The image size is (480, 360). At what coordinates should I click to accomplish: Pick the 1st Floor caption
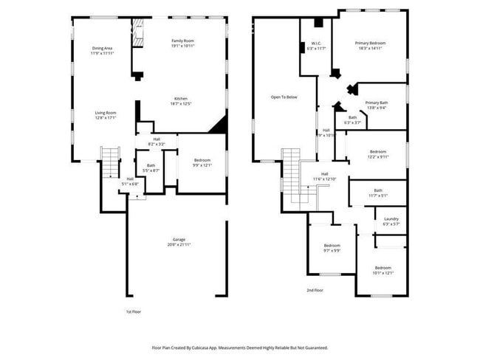(134, 312)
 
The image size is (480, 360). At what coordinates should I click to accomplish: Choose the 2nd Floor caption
(315, 290)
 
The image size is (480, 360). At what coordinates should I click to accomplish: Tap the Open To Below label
(284, 97)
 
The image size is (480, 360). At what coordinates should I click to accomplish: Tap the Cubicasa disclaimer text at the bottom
(240, 347)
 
